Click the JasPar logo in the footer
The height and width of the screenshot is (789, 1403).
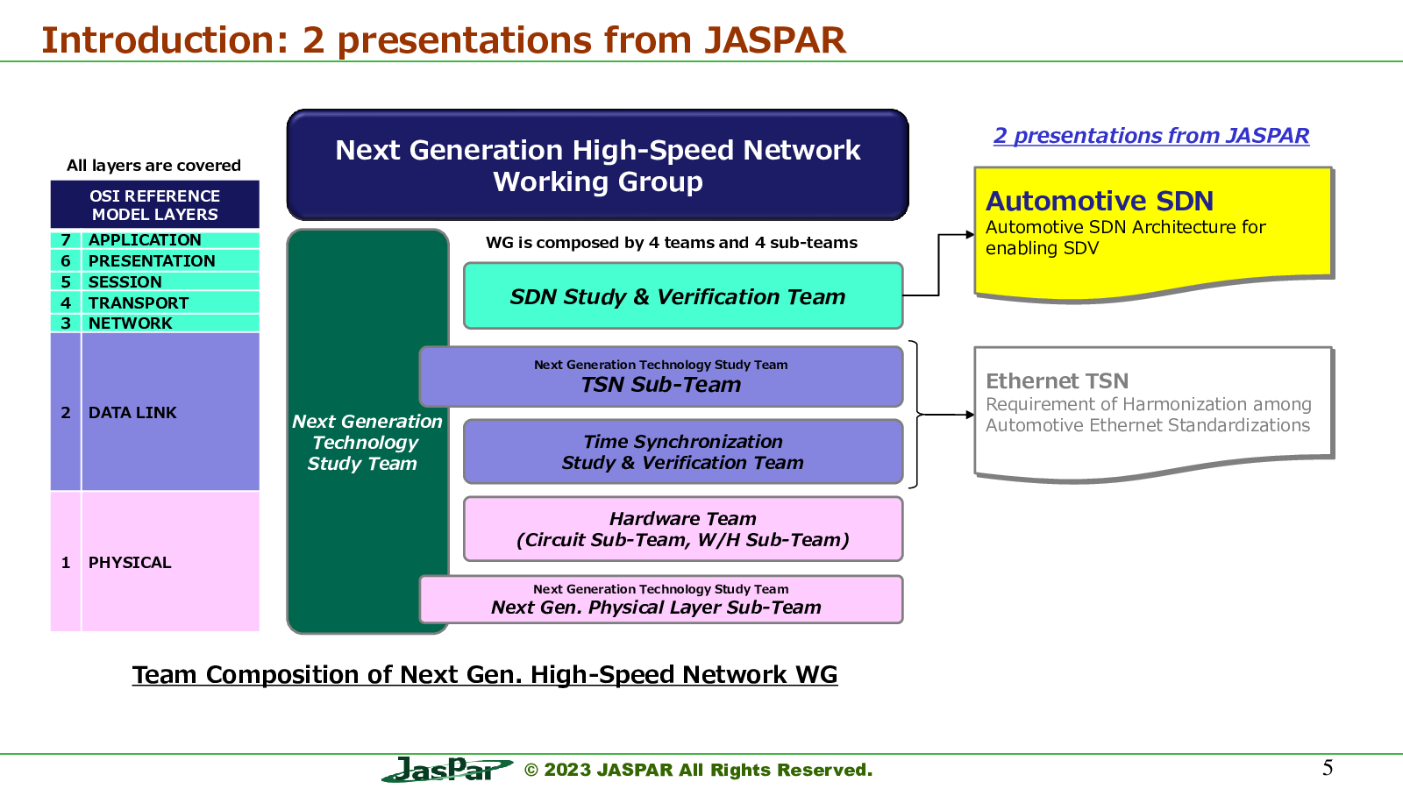[x=447, y=769]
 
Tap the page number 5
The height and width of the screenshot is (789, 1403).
[x=1328, y=768]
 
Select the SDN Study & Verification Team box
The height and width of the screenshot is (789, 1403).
[x=683, y=296]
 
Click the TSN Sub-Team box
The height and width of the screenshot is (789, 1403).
[x=661, y=377]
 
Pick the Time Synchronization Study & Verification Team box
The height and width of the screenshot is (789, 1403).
[x=683, y=451]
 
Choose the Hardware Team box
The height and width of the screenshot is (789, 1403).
[x=683, y=530]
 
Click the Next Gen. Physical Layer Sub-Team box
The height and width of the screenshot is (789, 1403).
[x=661, y=600]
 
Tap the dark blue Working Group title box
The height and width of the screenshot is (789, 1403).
[x=597, y=165]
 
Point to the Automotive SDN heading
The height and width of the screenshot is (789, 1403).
[x=1100, y=201]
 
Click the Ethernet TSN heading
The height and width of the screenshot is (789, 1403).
[x=1058, y=380]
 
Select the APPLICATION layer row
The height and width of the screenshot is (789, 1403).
[x=154, y=240]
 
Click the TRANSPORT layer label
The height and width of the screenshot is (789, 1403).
[x=138, y=303]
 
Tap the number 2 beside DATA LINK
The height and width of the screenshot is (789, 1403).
[x=65, y=413]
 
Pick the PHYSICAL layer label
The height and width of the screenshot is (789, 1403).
[x=130, y=562]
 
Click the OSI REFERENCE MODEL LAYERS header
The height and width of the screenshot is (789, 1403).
[x=154, y=205]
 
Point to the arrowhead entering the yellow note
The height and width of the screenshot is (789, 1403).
[x=970, y=235]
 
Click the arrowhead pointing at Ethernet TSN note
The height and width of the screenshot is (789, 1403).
[x=970, y=415]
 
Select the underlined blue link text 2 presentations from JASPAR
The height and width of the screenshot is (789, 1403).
[x=1151, y=136]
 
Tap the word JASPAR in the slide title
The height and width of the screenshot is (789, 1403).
[x=774, y=40]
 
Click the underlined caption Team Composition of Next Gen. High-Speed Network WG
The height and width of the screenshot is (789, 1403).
[x=485, y=674]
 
